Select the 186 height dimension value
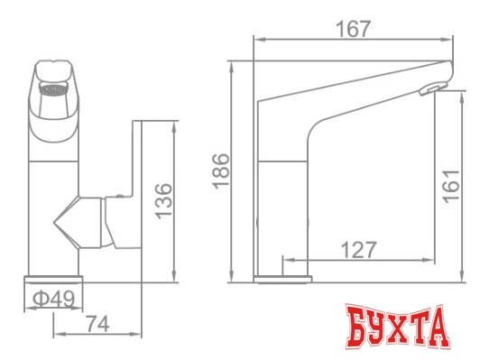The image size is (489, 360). click(223, 168)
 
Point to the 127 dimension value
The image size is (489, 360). click(359, 250)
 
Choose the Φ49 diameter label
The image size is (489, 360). click(55, 297)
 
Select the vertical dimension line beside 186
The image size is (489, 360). click(234, 168)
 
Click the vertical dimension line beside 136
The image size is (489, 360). click(171, 199)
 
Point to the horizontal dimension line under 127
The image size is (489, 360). click(359, 261)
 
